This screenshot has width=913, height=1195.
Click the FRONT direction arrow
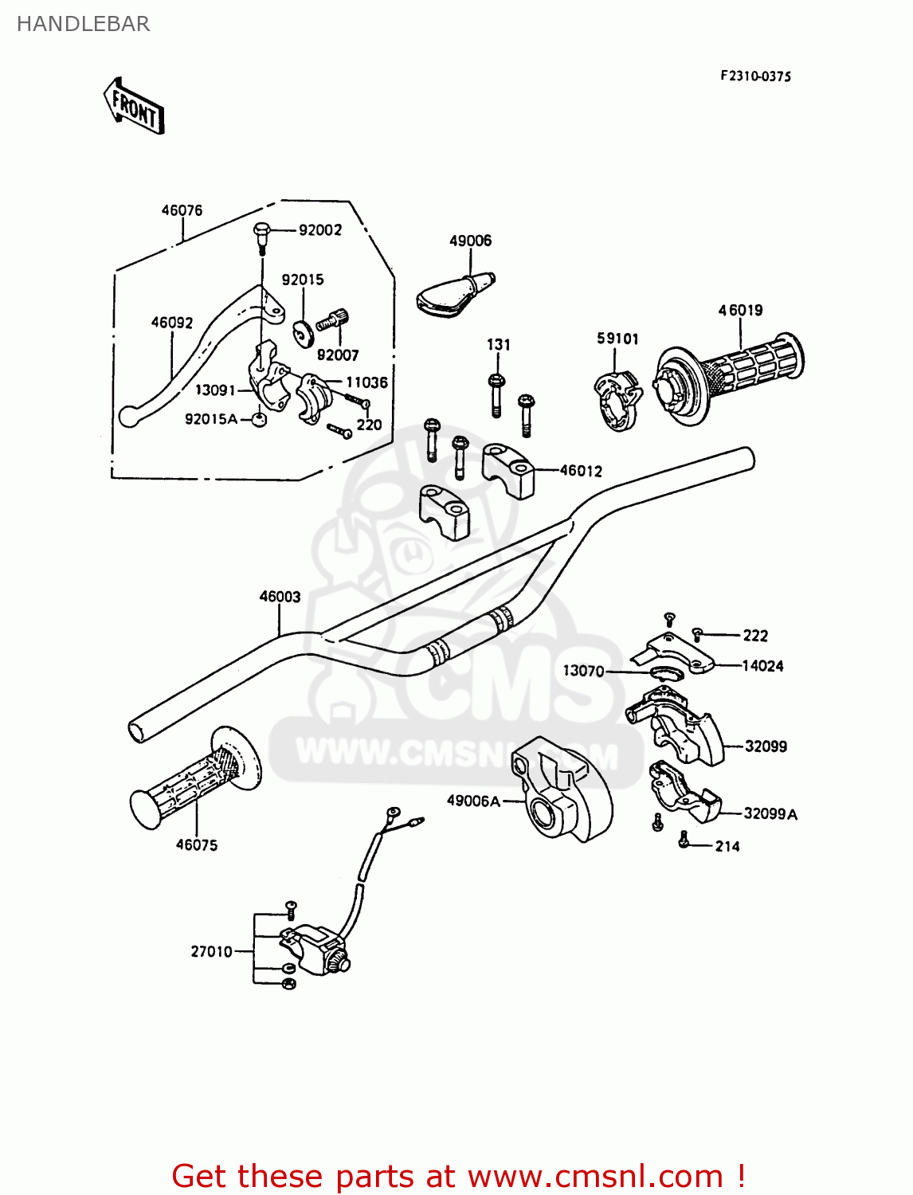[134, 106]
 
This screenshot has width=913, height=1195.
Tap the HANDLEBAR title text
[83, 24]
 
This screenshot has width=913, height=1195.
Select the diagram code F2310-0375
[755, 76]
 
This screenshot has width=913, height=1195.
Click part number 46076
[182, 211]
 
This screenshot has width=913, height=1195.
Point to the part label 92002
[320, 230]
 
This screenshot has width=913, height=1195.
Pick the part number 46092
[172, 323]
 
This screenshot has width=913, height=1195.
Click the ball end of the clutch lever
[127, 415]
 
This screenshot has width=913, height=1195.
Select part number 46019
[740, 310]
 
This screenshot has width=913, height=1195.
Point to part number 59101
[617, 339]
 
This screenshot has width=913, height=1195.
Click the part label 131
[499, 345]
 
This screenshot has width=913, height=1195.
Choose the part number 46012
[581, 471]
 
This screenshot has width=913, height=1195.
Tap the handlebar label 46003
[280, 597]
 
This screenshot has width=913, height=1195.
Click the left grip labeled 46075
[195, 777]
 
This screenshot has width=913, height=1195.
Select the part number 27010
[211, 951]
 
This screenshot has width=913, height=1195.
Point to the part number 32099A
[770, 813]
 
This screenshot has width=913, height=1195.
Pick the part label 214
[727, 846]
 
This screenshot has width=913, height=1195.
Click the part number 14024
[762, 666]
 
